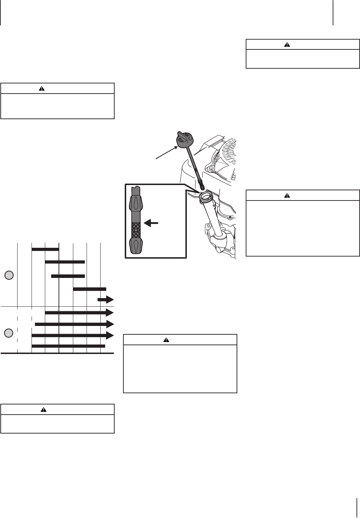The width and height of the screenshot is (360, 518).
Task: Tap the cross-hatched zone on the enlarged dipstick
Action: click(x=135, y=230)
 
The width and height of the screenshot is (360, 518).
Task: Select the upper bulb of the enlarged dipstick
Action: click(x=135, y=203)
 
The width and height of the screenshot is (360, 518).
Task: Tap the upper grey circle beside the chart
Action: click(x=9, y=275)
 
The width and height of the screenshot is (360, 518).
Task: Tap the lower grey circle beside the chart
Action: click(x=9, y=333)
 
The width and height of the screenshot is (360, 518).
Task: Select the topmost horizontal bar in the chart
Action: click(x=45, y=249)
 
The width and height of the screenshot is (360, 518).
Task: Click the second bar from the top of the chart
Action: click(x=65, y=262)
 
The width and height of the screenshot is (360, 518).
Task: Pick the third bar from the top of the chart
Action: click(x=68, y=276)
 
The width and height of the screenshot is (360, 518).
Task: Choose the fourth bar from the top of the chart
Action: click(x=89, y=289)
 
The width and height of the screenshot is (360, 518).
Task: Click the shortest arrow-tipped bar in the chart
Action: click(x=106, y=300)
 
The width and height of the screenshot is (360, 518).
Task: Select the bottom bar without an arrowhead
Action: click(x=68, y=346)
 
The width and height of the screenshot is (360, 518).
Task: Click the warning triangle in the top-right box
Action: click(x=287, y=45)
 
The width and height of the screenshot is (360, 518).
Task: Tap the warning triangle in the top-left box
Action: click(x=42, y=89)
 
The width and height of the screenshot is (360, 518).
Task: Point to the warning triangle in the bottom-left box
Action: click(x=43, y=409)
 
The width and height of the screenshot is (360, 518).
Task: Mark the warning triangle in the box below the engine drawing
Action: click(x=167, y=340)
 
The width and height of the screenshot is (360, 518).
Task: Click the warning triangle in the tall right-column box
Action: click(x=287, y=196)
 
